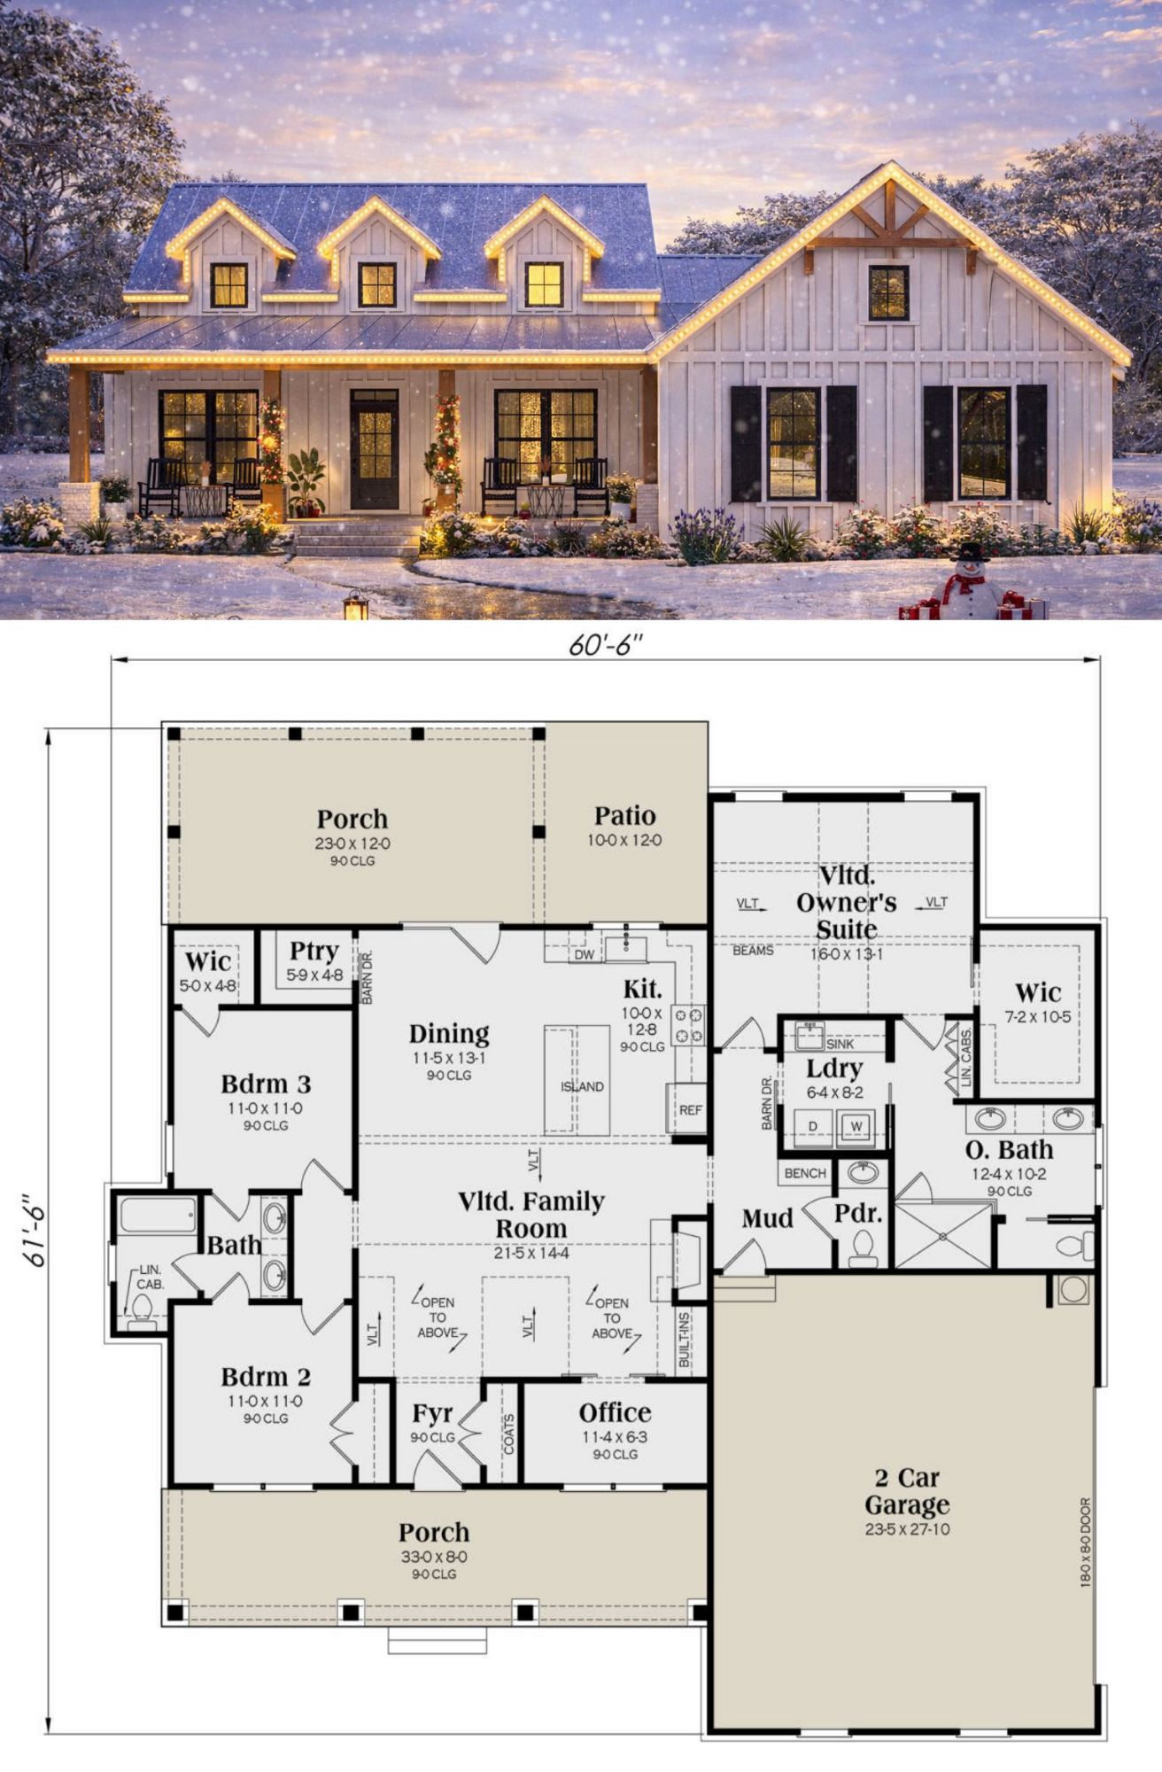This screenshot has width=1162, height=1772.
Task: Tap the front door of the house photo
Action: [374, 449]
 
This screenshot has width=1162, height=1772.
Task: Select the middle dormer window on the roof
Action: [377, 284]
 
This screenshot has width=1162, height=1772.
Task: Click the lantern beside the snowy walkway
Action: [356, 605]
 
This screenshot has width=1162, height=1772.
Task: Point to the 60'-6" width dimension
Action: [606, 647]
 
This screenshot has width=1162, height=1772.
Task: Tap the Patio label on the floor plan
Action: [624, 816]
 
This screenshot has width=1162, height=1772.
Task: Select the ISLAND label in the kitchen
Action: [582, 1086]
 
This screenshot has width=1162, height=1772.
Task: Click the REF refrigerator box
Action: [690, 1108]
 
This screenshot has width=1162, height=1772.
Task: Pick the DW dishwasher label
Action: [585, 955]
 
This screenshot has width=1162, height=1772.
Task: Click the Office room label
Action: [615, 1412]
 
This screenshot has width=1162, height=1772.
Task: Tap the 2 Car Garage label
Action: [907, 1491]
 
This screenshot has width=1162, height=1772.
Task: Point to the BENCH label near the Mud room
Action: [805, 1173]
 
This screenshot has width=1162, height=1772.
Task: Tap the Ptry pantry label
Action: [314, 952]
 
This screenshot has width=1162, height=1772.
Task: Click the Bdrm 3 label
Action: [266, 1084]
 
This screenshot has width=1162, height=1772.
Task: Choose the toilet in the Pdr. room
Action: [862, 1247]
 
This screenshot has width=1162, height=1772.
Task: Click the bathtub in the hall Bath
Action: [159, 1215]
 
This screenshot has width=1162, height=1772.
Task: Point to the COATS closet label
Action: [509, 1434]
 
